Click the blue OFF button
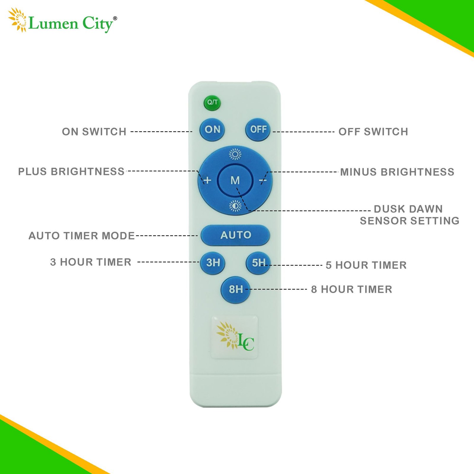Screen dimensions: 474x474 pyautogui.click(x=258, y=129)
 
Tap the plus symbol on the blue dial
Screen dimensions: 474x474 pyautogui.click(x=207, y=180)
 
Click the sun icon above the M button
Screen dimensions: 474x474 pyautogui.click(x=235, y=154)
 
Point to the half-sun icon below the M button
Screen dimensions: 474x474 pyautogui.click(x=235, y=206)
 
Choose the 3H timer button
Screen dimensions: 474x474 pyautogui.click(x=213, y=263)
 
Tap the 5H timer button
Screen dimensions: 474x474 pyautogui.click(x=258, y=263)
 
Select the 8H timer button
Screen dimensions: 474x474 pyautogui.click(x=236, y=289)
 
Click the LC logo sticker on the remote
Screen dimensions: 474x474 pyautogui.click(x=234, y=337)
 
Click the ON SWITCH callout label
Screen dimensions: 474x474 pyautogui.click(x=94, y=132)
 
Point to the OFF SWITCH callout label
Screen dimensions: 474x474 pyautogui.click(x=373, y=132)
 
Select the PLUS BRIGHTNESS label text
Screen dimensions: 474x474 pyautogui.click(x=71, y=172)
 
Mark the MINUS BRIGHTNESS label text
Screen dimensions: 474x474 pyautogui.click(x=397, y=172)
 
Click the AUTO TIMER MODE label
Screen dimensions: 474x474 pyautogui.click(x=82, y=236)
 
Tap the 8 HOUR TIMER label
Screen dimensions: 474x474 pyautogui.click(x=352, y=289)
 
